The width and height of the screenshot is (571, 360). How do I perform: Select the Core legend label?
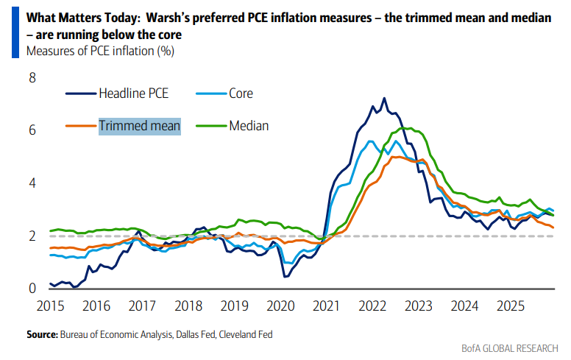coord(240,93)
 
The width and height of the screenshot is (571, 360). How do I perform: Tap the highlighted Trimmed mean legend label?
coord(139,125)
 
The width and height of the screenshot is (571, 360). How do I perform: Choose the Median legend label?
coord(249,125)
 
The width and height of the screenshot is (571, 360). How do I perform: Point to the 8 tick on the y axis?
coord(32,77)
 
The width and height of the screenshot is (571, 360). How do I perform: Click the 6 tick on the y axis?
coord(32,130)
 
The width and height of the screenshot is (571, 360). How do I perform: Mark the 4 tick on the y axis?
coord(32,183)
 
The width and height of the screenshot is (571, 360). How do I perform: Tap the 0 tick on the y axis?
coord(32,289)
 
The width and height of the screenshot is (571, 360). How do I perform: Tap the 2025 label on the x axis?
coord(508,305)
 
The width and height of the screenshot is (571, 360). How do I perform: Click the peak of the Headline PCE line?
coord(383,98)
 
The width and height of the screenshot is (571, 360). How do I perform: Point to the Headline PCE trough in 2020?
coord(285,277)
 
